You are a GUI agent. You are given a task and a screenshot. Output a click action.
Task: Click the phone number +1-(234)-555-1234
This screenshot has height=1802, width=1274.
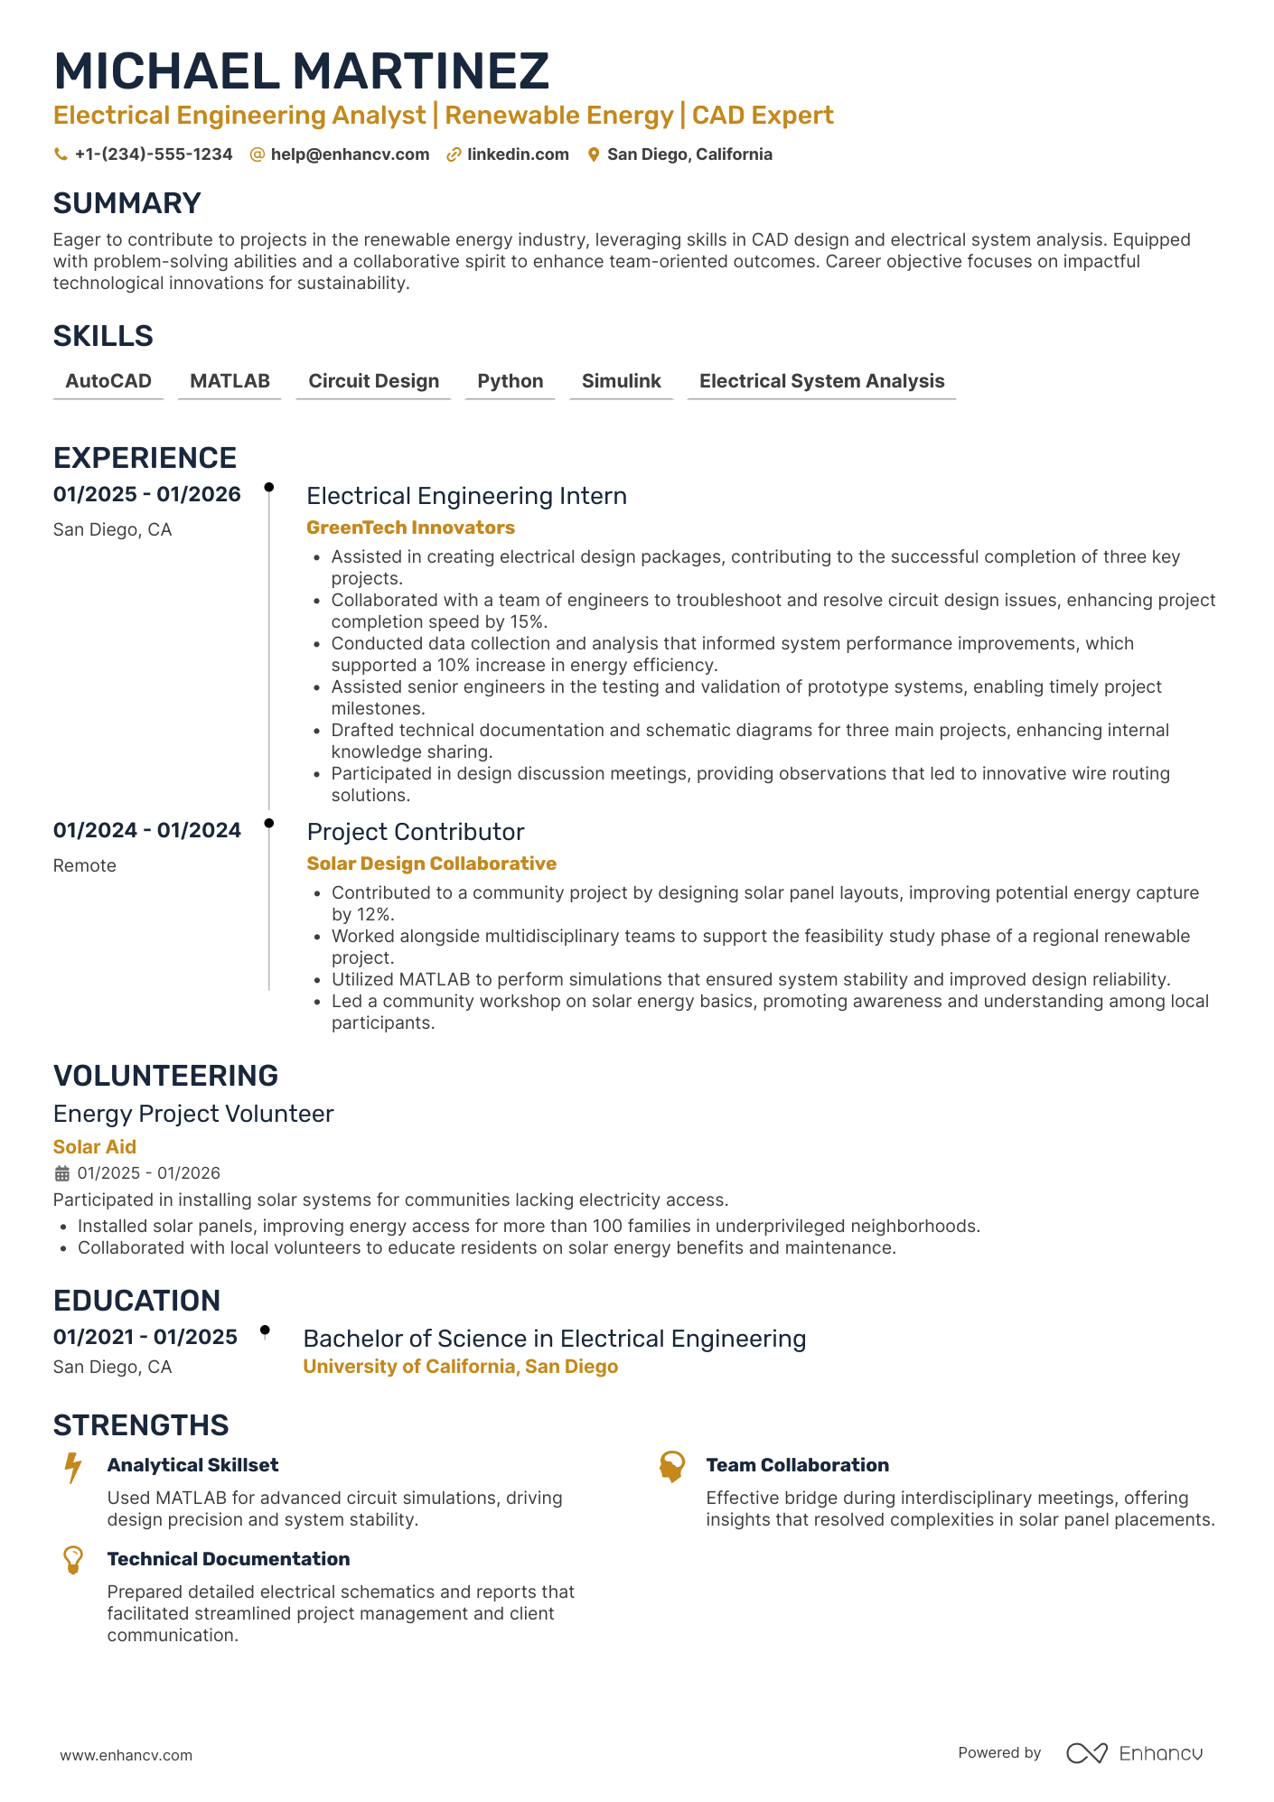click(x=153, y=154)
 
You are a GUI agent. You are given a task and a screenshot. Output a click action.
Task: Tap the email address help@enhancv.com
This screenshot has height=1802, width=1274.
click(x=349, y=154)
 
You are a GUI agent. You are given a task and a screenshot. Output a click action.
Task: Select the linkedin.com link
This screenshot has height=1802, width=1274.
click(x=517, y=154)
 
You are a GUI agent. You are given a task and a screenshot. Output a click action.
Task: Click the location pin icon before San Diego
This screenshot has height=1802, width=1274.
click(x=594, y=154)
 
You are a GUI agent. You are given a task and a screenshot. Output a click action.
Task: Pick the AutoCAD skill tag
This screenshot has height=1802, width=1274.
click(x=108, y=381)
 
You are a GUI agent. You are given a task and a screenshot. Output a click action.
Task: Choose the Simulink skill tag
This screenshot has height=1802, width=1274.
click(x=621, y=381)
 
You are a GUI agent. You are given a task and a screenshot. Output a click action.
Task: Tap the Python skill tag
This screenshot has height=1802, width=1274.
click(x=510, y=381)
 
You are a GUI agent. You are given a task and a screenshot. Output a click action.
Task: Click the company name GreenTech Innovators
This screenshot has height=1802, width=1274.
click(x=410, y=528)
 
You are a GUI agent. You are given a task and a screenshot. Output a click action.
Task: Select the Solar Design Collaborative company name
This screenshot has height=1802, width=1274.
click(x=431, y=864)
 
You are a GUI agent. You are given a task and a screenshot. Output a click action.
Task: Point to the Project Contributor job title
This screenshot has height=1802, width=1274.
click(x=416, y=832)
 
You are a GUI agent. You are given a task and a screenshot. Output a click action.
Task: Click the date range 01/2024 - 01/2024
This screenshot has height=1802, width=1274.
click(x=147, y=830)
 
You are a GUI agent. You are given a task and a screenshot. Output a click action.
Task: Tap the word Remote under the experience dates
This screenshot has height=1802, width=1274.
click(x=85, y=865)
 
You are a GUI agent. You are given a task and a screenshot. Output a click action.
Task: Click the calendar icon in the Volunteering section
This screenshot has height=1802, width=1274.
click(x=62, y=1173)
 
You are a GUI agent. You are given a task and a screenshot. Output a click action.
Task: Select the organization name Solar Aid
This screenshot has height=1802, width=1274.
click(x=95, y=1147)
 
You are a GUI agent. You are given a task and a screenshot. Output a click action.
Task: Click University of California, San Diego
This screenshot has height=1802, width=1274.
click(x=460, y=1367)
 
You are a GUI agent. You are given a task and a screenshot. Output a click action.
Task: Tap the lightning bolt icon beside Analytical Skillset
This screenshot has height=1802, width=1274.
click(x=73, y=1467)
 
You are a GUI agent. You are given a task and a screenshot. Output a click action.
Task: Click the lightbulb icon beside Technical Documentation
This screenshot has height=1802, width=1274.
click(x=73, y=1560)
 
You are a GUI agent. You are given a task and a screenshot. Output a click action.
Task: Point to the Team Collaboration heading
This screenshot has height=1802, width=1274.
click(x=797, y=1465)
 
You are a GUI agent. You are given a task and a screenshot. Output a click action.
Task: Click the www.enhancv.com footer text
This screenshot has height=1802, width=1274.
click(x=126, y=1755)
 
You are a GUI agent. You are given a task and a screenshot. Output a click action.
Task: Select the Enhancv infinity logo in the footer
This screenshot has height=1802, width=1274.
click(x=1086, y=1753)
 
